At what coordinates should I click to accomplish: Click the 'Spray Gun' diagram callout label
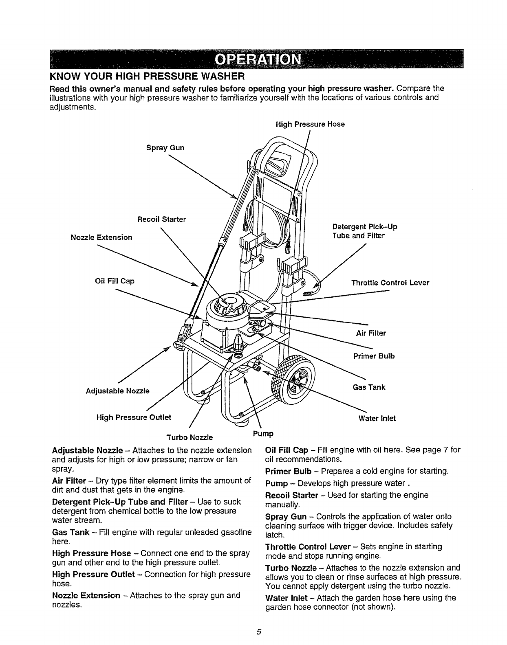tap(165, 148)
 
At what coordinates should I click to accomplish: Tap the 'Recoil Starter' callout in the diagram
tap(161, 219)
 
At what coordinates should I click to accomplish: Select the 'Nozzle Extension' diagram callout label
tap(101, 237)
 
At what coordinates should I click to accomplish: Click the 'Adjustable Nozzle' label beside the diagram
tap(117, 391)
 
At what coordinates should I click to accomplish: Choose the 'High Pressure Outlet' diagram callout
tap(134, 417)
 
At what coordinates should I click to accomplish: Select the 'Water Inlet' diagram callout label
tap(377, 418)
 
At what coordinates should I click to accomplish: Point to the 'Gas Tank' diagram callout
tap(369, 387)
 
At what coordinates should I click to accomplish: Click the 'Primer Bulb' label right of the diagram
tap(374, 356)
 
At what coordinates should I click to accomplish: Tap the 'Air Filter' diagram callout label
tap(371, 333)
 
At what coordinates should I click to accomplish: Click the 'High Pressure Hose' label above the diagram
tap(310, 124)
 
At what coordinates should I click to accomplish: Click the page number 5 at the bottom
tap(258, 632)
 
